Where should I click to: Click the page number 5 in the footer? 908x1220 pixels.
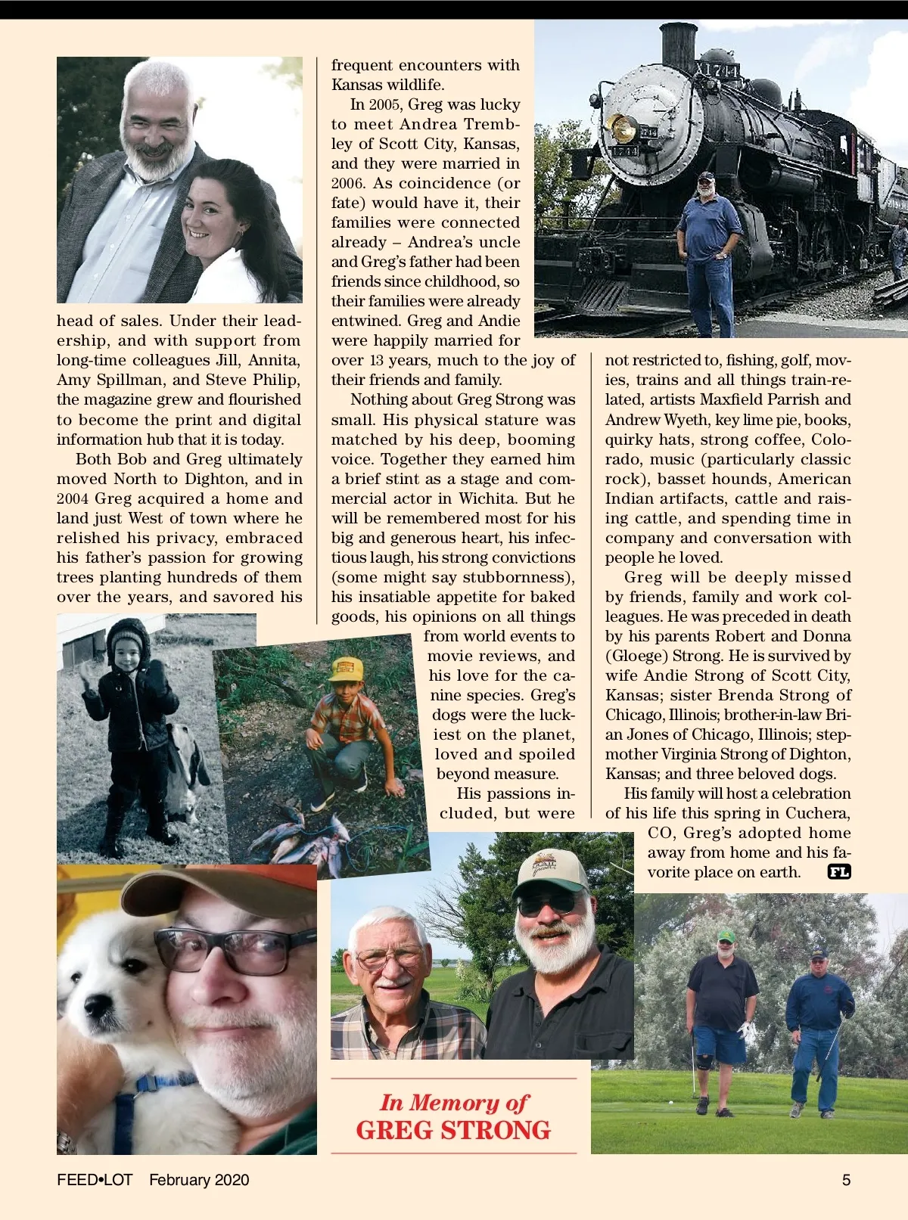(846, 1180)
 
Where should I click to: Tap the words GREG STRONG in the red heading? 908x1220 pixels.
(453, 1130)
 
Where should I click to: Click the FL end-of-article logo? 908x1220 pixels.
(839, 872)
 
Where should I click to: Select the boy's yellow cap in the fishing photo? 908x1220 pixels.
(346, 669)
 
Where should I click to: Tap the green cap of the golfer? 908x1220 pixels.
(726, 936)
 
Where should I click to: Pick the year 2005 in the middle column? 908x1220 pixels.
(385, 104)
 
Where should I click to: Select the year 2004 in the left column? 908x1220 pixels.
(73, 498)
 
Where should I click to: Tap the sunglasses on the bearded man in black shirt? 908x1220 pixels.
(546, 903)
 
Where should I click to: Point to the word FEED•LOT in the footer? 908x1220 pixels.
(95, 1180)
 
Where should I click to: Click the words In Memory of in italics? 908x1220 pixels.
(453, 1103)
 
